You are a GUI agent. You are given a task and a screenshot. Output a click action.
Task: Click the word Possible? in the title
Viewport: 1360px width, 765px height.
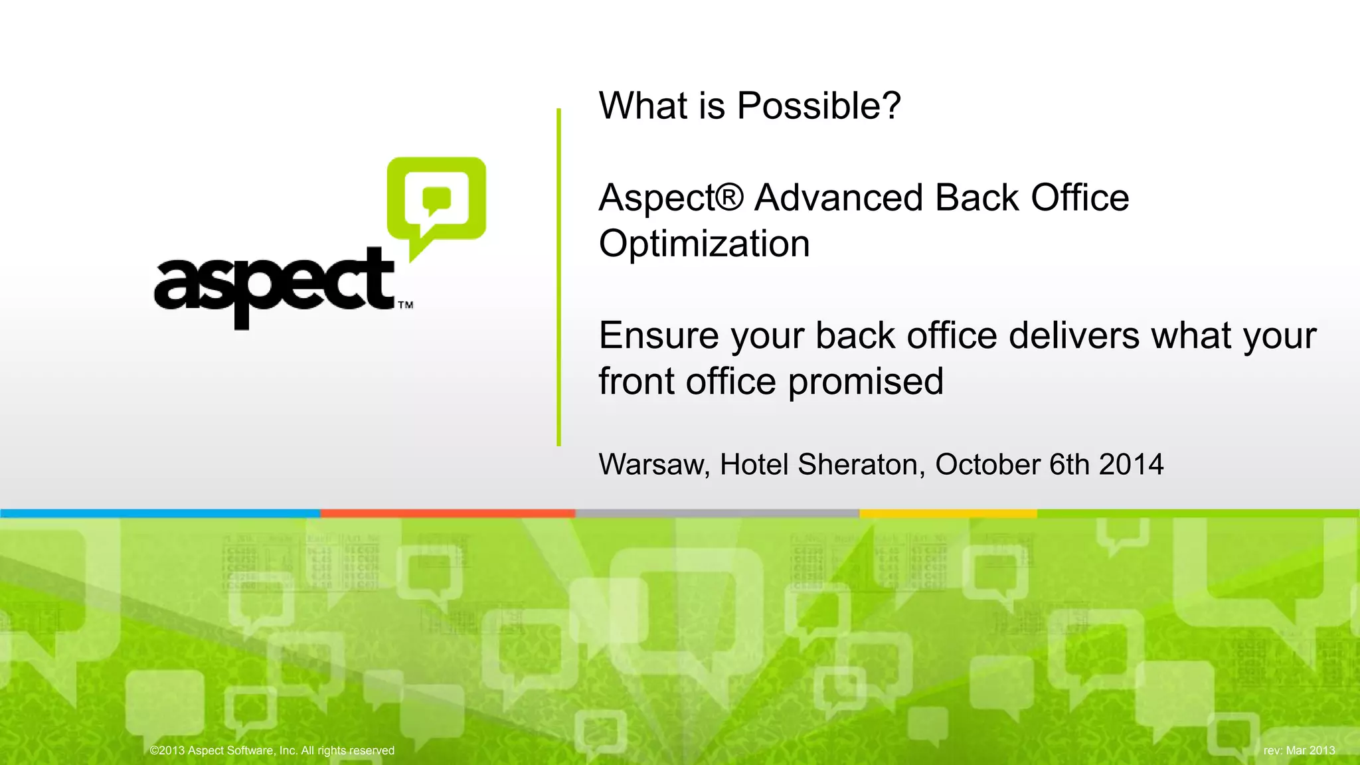pyautogui.click(x=819, y=106)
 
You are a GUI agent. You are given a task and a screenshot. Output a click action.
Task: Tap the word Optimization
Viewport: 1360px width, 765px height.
pyautogui.click(x=704, y=244)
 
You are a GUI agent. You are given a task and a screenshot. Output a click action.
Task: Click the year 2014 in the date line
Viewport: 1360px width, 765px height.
pyautogui.click(x=1131, y=464)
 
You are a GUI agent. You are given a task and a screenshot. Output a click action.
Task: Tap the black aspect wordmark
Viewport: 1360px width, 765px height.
pyautogui.click(x=274, y=286)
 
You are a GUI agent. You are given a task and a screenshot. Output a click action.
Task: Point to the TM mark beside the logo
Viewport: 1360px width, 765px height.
pyautogui.click(x=405, y=305)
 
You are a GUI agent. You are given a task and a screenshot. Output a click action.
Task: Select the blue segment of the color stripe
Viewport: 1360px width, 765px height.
pyautogui.click(x=159, y=513)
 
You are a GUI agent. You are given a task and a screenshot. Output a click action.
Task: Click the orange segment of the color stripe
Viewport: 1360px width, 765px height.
pyautogui.click(x=448, y=513)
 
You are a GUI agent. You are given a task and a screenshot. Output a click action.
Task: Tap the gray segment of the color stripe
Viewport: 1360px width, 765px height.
pyautogui.click(x=717, y=513)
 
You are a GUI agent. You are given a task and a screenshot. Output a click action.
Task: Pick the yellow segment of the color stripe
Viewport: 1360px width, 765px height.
pyautogui.click(x=948, y=513)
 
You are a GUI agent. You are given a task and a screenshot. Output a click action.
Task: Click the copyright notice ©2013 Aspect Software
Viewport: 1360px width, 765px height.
pyautogui.click(x=272, y=750)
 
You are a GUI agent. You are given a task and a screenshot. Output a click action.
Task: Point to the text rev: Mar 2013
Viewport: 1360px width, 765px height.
pyautogui.click(x=1299, y=750)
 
